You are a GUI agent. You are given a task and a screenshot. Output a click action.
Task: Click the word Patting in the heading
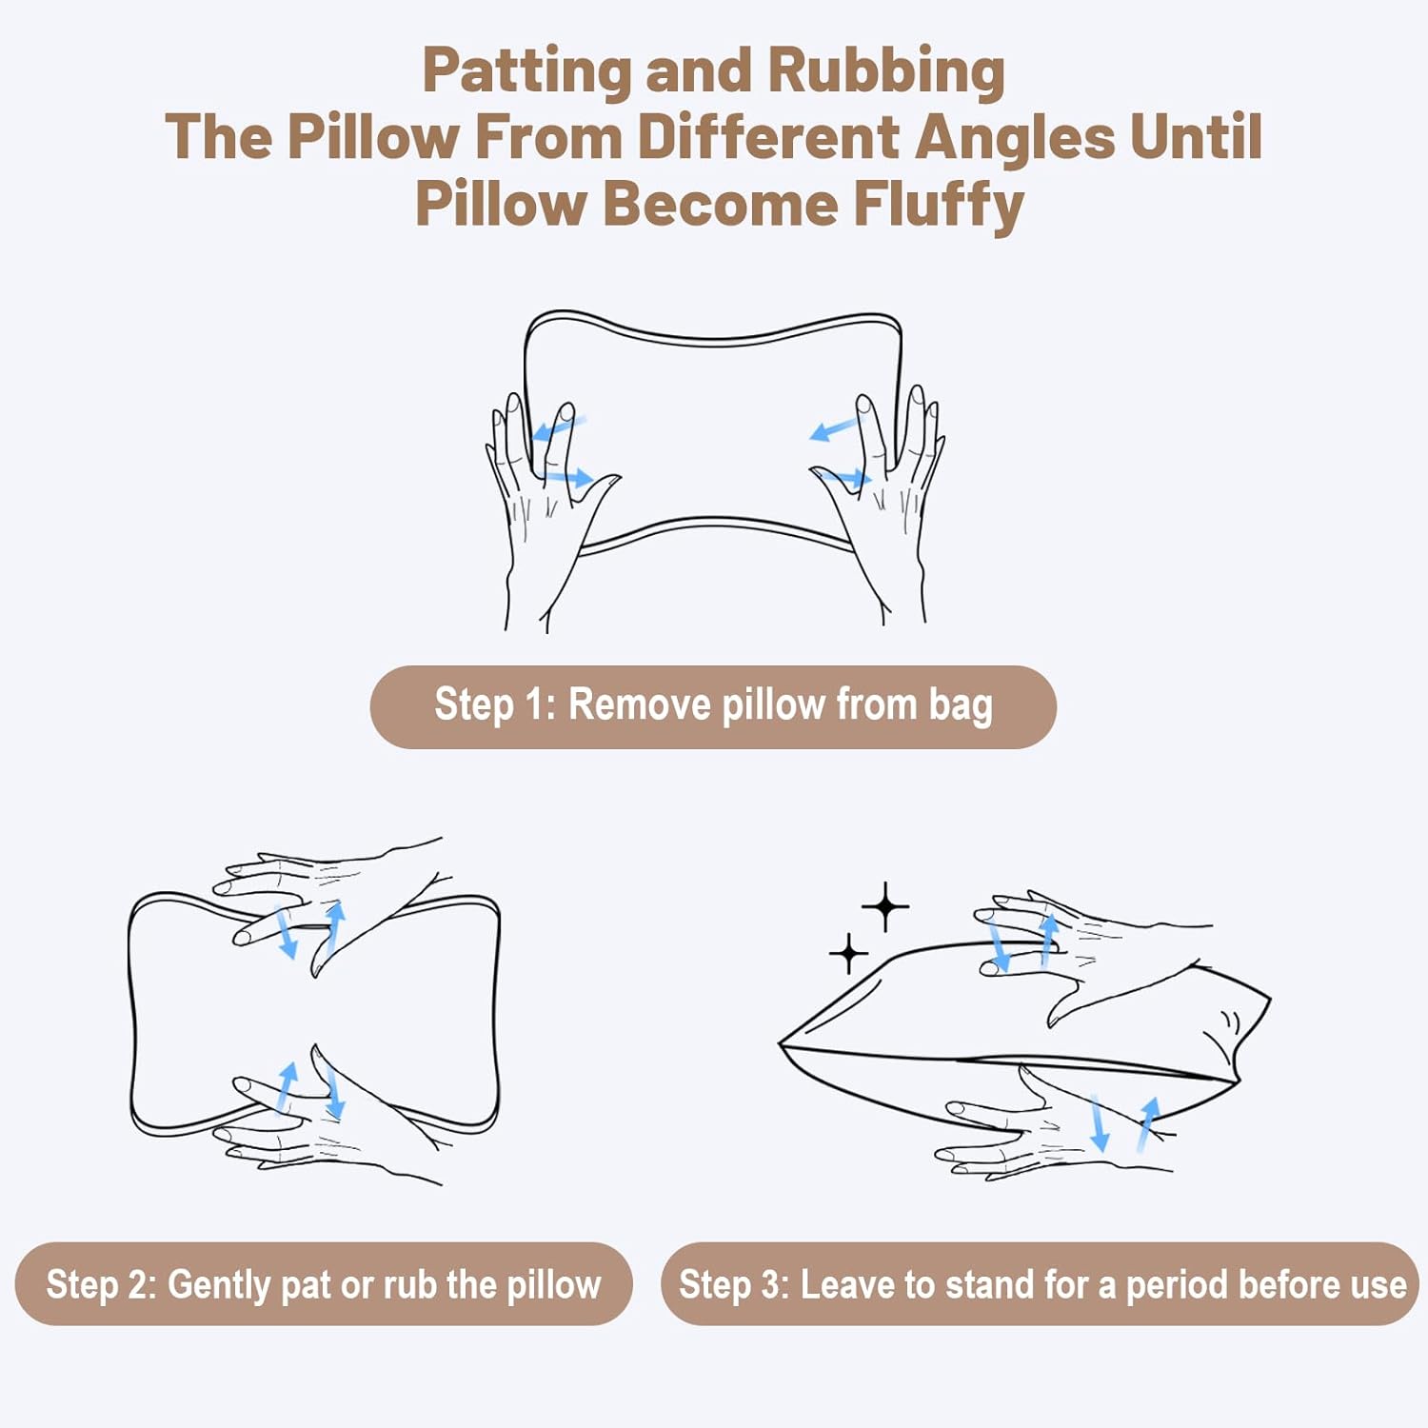pyautogui.click(x=526, y=72)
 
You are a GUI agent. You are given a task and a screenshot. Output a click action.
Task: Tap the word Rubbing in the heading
pyautogui.click(x=885, y=72)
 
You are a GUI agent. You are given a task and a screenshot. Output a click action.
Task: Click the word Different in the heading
pyautogui.click(x=767, y=136)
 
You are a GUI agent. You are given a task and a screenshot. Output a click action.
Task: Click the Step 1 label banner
pyautogui.click(x=713, y=706)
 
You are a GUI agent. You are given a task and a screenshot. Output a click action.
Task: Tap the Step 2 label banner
pyautogui.click(x=324, y=1283)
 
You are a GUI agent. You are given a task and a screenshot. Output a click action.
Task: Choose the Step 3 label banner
pyautogui.click(x=1040, y=1283)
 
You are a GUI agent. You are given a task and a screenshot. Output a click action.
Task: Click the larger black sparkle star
pyautogui.click(x=885, y=906)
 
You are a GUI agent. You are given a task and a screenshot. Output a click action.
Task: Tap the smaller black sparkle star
pyautogui.click(x=848, y=953)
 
